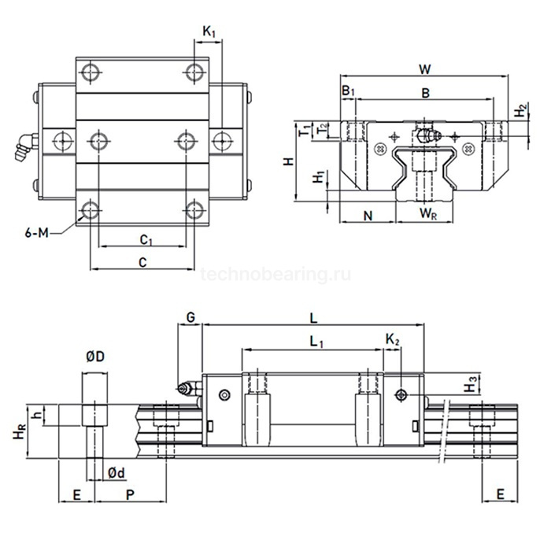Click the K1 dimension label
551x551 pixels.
point(209,31)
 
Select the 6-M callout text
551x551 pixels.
point(37,232)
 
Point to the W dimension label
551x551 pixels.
point(425,68)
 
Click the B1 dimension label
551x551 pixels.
point(349,92)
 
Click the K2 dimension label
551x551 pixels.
point(393,339)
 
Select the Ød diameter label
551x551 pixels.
point(115,472)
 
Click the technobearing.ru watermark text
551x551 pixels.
point(275,275)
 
